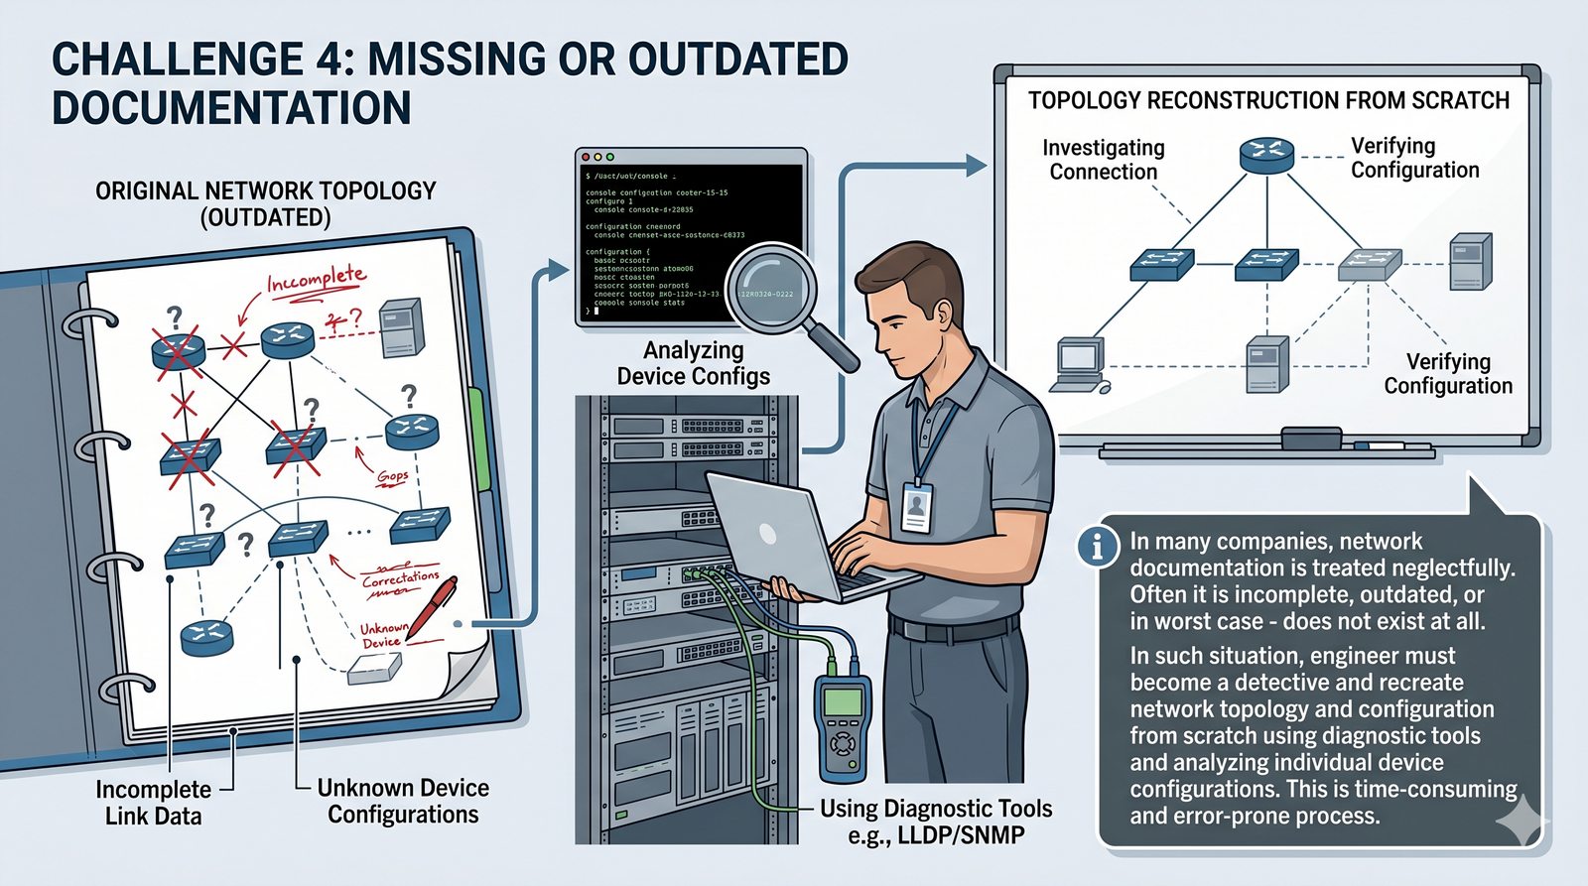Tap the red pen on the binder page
tap(433, 605)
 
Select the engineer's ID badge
tap(916, 507)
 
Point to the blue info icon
tap(1098, 546)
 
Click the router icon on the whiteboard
tap(1266, 155)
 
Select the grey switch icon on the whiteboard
tap(1369, 264)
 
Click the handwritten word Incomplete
tap(316, 281)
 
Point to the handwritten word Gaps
tap(392, 477)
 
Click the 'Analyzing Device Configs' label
tap(693, 363)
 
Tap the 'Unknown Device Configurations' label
tap(403, 801)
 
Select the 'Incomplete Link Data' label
tap(153, 803)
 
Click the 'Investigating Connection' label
tap(1103, 160)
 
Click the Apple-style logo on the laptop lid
tap(767, 533)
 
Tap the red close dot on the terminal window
tap(586, 158)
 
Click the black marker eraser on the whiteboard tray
tap(1310, 438)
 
